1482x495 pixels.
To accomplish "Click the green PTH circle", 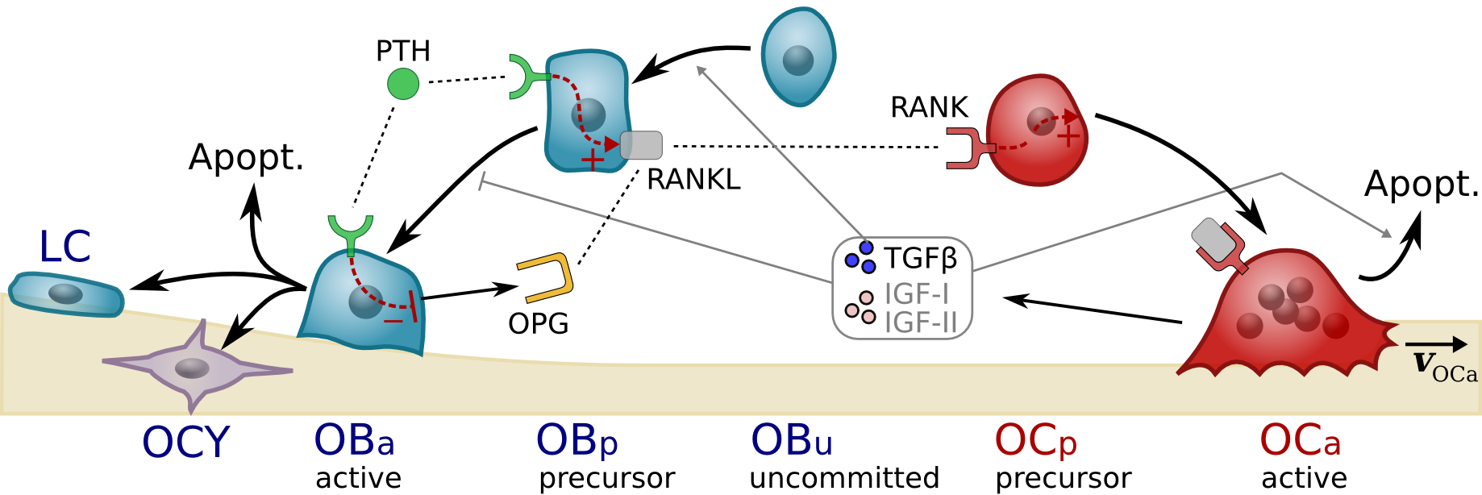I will coord(403,84).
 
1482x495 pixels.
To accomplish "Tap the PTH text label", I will coord(402,52).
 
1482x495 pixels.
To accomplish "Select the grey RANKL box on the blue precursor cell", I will coord(641,146).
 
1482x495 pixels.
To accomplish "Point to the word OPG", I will coord(538,324).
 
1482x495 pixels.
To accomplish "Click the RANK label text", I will coord(929,107).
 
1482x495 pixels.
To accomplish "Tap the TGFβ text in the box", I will coord(920,259).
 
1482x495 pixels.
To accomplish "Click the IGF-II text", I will coord(920,322).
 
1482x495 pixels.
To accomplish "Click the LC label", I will coord(65,247).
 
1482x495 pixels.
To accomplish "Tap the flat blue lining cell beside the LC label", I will coord(66,293).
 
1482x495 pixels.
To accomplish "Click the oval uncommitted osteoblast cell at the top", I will coord(798,56).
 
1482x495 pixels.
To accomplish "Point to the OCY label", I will coord(185,443).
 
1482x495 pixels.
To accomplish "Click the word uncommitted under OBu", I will coord(843,478).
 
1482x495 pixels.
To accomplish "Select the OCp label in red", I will coord(1035,441).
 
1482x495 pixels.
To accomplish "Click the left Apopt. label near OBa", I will coord(246,156).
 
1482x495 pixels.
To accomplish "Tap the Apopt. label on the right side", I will coord(1421,184).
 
